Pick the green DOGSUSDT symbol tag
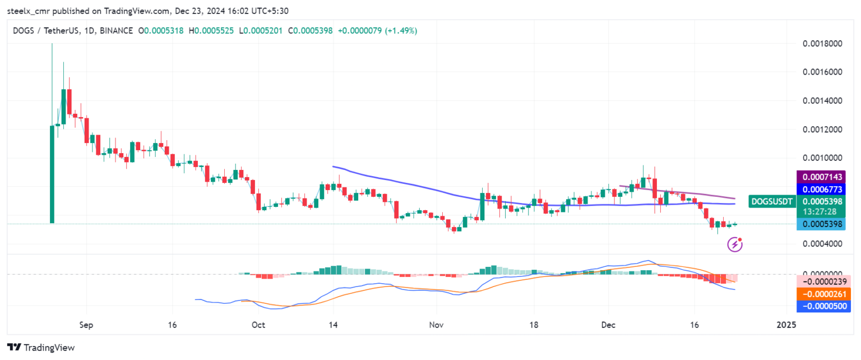pos(772,201)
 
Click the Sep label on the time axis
pos(86,325)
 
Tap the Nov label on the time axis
pos(436,325)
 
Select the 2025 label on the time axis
pos(786,325)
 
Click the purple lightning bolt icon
pos(734,244)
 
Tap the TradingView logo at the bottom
pos(41,348)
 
